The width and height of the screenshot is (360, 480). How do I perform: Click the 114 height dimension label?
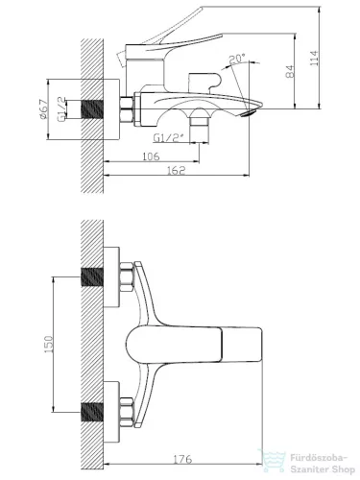pyautogui.click(x=315, y=59)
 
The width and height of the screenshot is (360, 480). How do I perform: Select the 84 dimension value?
pyautogui.click(x=290, y=71)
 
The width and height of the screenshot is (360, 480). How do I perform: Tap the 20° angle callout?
pyautogui.click(x=237, y=59)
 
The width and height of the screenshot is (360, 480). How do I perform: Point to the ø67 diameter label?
pyautogui.click(x=43, y=109)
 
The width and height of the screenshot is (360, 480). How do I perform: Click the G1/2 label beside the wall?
pyautogui.click(x=61, y=109)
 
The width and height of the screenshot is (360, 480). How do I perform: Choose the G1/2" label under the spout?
pyautogui.click(x=169, y=138)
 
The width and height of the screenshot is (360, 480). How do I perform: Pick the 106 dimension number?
pyautogui.click(x=151, y=156)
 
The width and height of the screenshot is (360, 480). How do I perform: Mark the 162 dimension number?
pyautogui.click(x=177, y=170)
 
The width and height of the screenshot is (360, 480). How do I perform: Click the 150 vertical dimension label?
pyautogui.click(x=48, y=344)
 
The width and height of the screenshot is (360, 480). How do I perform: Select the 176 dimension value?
pyautogui.click(x=182, y=459)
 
